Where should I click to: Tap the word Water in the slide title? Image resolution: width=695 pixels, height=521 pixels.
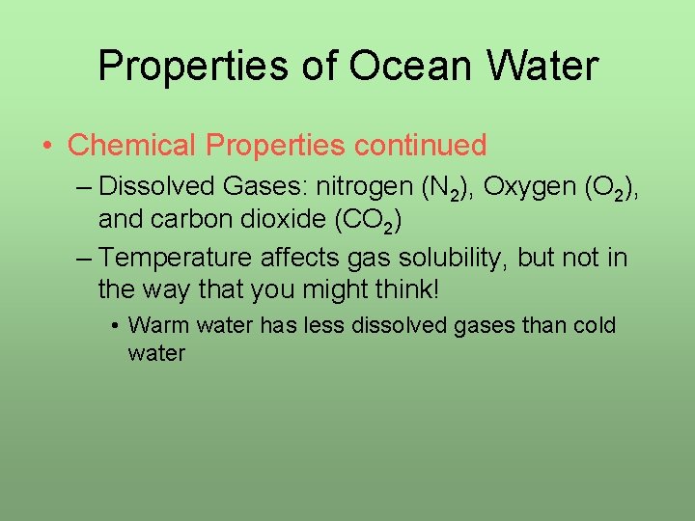click(x=544, y=66)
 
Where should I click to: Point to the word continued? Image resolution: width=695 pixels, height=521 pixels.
click(x=421, y=146)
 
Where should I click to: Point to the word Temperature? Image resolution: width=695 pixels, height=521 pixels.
click(x=178, y=258)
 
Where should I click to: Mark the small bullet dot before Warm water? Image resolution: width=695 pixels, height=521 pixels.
click(x=115, y=326)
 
